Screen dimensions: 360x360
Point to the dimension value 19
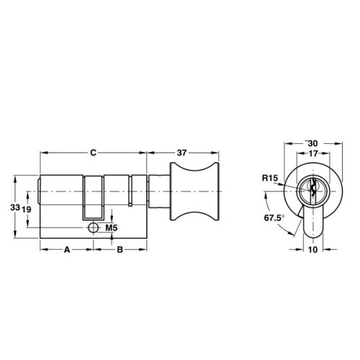click(27, 209)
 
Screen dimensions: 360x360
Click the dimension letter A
click(66, 250)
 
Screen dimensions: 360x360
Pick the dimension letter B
click(120, 250)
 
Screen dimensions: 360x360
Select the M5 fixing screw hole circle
click(93, 228)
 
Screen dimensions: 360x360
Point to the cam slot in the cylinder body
click(94, 198)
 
